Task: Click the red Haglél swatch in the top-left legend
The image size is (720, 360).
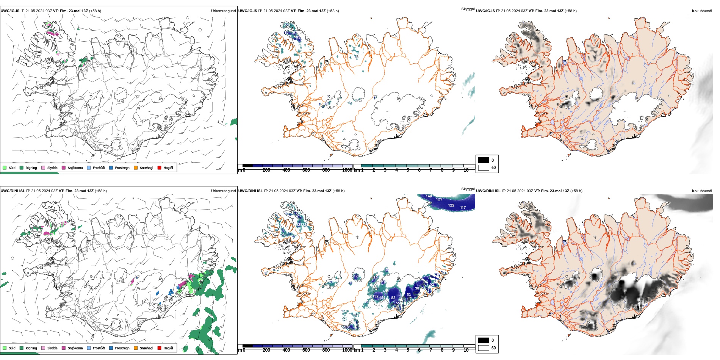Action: pyautogui.click(x=160, y=167)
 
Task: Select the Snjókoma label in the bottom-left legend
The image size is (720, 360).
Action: pyautogui.click(x=75, y=348)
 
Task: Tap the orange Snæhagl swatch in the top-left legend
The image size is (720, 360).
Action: pyautogui.click(x=136, y=167)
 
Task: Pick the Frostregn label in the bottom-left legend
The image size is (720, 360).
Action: pyautogui.click(x=122, y=348)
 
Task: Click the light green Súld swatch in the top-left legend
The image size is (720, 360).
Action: pyautogui.click(x=5, y=167)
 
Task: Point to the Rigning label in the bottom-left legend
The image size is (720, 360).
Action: pyautogui.click(x=31, y=348)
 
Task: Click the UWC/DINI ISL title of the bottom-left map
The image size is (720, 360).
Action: pyautogui.click(x=13, y=191)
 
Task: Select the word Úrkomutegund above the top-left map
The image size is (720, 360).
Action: pyautogui.click(x=223, y=11)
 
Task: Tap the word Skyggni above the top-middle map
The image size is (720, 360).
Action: pyautogui.click(x=468, y=9)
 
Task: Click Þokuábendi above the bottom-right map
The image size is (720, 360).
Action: pyautogui.click(x=702, y=191)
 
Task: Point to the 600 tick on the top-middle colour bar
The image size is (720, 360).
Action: pyautogui.click(x=306, y=170)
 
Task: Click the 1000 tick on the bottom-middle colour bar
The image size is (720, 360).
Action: pyautogui.click(x=347, y=350)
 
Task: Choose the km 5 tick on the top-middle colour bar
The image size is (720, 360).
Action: pyautogui.click(x=408, y=170)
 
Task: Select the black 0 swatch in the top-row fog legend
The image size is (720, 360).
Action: pyautogui.click(x=484, y=160)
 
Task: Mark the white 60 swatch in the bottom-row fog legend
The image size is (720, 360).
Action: pyautogui.click(x=484, y=348)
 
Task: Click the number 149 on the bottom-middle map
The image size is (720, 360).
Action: pyautogui.click(x=429, y=196)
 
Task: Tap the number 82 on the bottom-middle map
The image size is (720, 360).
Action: pyautogui.click(x=393, y=298)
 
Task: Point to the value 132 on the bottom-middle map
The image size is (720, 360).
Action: pyautogui.click(x=376, y=296)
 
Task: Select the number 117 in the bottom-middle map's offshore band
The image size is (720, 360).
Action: pyautogui.click(x=463, y=208)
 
